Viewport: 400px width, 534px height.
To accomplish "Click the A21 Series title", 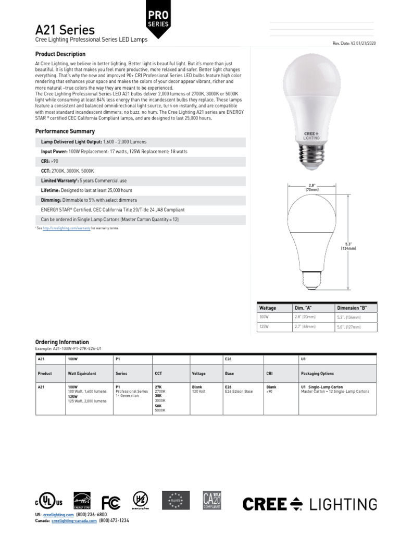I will point(65,30).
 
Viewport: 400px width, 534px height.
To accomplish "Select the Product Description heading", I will point(60,54).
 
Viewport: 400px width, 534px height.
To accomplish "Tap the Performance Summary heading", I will point(65,131).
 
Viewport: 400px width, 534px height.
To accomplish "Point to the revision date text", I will point(354,43).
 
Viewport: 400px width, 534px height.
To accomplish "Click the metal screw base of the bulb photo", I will point(311,154).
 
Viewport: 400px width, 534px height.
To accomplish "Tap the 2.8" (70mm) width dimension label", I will point(312,187).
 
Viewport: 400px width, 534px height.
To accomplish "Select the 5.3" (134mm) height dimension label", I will point(347,246).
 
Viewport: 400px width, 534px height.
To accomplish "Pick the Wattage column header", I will point(268,308).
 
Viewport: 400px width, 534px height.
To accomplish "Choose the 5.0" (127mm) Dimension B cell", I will point(348,327).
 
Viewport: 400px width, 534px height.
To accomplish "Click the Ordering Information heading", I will point(62,342).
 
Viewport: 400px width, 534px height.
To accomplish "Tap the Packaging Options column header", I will point(317,373).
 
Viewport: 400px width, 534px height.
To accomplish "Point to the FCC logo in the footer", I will point(110,503).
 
